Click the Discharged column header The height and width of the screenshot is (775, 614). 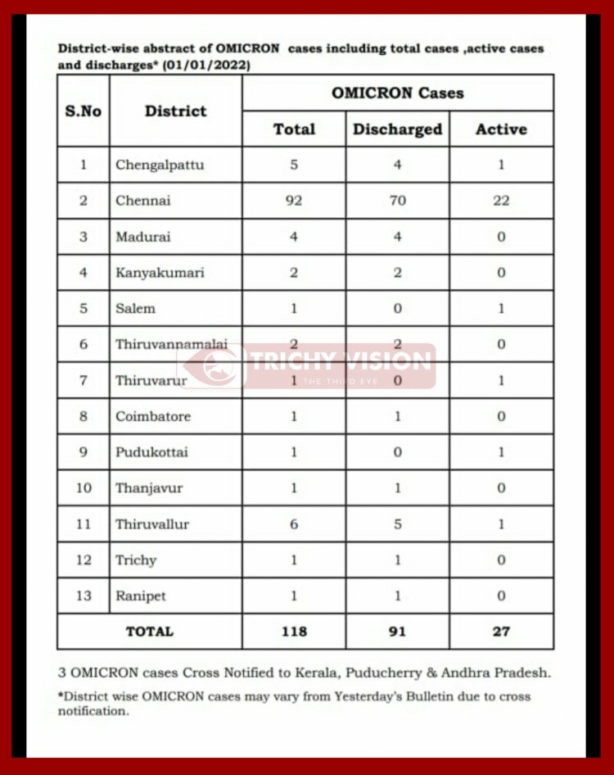point(397,129)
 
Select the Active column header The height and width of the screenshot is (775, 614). point(501,129)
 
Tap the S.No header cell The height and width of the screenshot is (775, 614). point(84,111)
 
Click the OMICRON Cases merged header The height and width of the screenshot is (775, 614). point(397,93)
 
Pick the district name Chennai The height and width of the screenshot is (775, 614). point(142,201)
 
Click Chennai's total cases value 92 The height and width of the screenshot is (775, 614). point(294,201)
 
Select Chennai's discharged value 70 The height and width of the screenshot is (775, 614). point(397,201)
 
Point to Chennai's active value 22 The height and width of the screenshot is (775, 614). point(501,201)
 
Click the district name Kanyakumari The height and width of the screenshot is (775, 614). point(160,273)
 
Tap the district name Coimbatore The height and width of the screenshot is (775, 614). point(153,416)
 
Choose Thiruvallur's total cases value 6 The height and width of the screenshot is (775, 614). point(294,524)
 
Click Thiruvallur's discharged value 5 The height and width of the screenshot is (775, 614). point(397,524)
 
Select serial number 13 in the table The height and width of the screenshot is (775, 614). point(84,596)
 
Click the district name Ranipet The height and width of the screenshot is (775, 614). point(141,596)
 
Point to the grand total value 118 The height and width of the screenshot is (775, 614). point(294,632)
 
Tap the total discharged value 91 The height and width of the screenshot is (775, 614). point(397,632)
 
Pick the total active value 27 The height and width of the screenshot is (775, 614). point(501,632)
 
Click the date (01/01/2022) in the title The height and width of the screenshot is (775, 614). point(210,64)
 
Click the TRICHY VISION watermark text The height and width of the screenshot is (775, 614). point(339,361)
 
